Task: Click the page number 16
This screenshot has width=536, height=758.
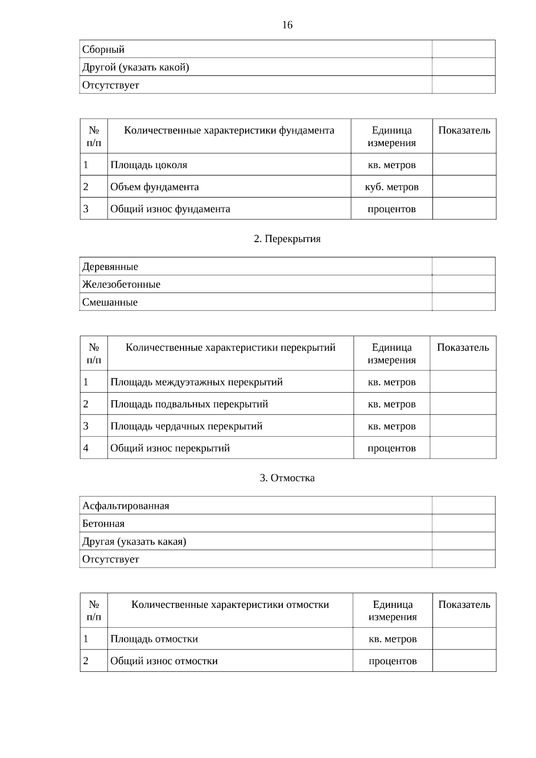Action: pyautogui.click(x=287, y=25)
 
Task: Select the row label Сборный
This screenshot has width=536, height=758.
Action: pyautogui.click(x=103, y=50)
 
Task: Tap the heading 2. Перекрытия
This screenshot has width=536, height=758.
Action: pyautogui.click(x=287, y=239)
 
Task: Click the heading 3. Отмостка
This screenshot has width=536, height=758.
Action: pyautogui.click(x=287, y=478)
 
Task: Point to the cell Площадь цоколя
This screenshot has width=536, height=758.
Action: pyautogui.click(x=149, y=165)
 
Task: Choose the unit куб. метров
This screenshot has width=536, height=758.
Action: pyautogui.click(x=392, y=187)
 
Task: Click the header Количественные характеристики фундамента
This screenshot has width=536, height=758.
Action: pyautogui.click(x=229, y=130)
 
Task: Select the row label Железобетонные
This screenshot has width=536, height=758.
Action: pyautogui.click(x=121, y=285)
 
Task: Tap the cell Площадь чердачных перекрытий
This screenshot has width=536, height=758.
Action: pyautogui.click(x=186, y=426)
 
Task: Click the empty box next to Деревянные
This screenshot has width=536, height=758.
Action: pyautogui.click(x=464, y=266)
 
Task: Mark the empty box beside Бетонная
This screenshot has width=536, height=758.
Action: pyautogui.click(x=464, y=523)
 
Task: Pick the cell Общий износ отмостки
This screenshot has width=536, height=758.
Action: pyautogui.click(x=164, y=661)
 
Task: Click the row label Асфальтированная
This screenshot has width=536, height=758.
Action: pyautogui.click(x=126, y=506)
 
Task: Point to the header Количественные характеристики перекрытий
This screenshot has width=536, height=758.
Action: pyautogui.click(x=230, y=348)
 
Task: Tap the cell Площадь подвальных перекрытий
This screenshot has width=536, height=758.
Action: pyautogui.click(x=189, y=404)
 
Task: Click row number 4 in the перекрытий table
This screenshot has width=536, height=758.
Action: pyautogui.click(x=86, y=448)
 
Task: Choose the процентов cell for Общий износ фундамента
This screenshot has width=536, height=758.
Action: pyautogui.click(x=392, y=209)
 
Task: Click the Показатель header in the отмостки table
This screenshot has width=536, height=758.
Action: pyautogui.click(x=464, y=605)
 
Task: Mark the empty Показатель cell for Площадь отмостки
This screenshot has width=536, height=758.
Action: pyautogui.click(x=464, y=639)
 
